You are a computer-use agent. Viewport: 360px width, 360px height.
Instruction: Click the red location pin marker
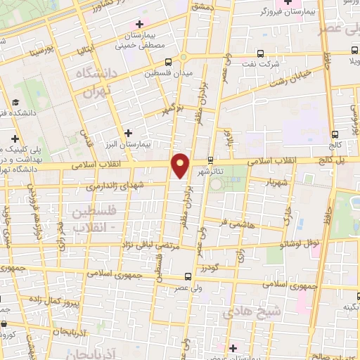point(181,165)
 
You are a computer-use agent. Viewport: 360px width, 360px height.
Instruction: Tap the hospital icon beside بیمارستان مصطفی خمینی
point(141,26)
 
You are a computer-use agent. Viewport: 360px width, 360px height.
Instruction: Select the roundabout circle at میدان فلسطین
point(184,58)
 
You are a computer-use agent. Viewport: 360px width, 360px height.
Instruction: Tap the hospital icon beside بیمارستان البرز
point(127,133)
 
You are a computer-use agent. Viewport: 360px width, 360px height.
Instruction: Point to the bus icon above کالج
point(335,134)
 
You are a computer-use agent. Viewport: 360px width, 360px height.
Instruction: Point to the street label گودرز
point(209,267)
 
